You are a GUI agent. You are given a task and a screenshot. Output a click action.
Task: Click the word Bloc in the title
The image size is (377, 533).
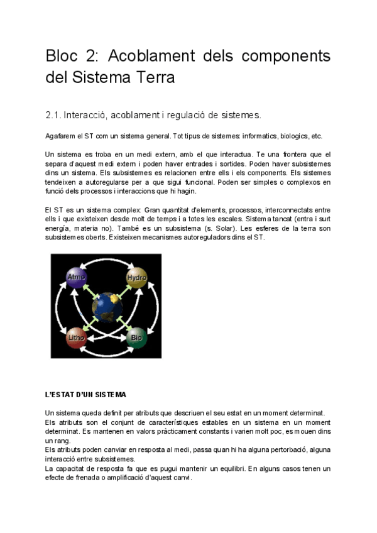click(x=64, y=56)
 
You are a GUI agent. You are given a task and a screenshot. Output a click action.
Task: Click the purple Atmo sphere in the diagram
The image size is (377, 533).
click(x=77, y=277)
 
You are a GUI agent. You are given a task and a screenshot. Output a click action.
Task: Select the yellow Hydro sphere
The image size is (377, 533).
click(x=136, y=277)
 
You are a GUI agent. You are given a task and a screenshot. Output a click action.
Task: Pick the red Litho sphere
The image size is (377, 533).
click(x=77, y=338)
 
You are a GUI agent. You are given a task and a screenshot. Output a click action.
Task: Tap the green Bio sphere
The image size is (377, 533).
click(x=136, y=338)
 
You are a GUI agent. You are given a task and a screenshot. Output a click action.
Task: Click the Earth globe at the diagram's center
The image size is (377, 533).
click(x=106, y=307)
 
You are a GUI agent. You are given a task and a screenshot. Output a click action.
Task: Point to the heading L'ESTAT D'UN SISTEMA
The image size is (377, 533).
click(x=85, y=395)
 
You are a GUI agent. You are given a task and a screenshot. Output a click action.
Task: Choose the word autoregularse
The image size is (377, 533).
click(x=100, y=182)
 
